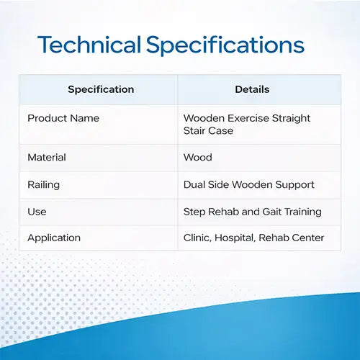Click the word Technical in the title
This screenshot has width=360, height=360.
pos(89,45)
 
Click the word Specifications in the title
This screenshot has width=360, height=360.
pos(225,45)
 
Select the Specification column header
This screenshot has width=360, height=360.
pos(101,89)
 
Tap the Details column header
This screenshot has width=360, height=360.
pos(252,89)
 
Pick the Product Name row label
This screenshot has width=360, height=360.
pos(63,118)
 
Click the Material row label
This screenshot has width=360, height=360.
pos(47,158)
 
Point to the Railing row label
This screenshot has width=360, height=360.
pos(44,185)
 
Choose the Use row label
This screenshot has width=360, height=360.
pos(37,212)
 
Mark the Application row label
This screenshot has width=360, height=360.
pos(54,238)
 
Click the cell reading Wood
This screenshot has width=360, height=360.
pos(198,158)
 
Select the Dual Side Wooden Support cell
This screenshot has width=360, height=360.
pos(249,185)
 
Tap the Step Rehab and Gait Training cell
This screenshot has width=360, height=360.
pos(253,212)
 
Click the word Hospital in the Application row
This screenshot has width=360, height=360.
pos(235,238)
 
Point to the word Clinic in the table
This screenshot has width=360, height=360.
pos(197,238)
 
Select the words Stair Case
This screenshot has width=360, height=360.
pos(208,131)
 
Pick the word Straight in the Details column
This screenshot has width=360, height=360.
pos(291,119)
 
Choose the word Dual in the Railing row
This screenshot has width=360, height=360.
pos(194,185)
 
